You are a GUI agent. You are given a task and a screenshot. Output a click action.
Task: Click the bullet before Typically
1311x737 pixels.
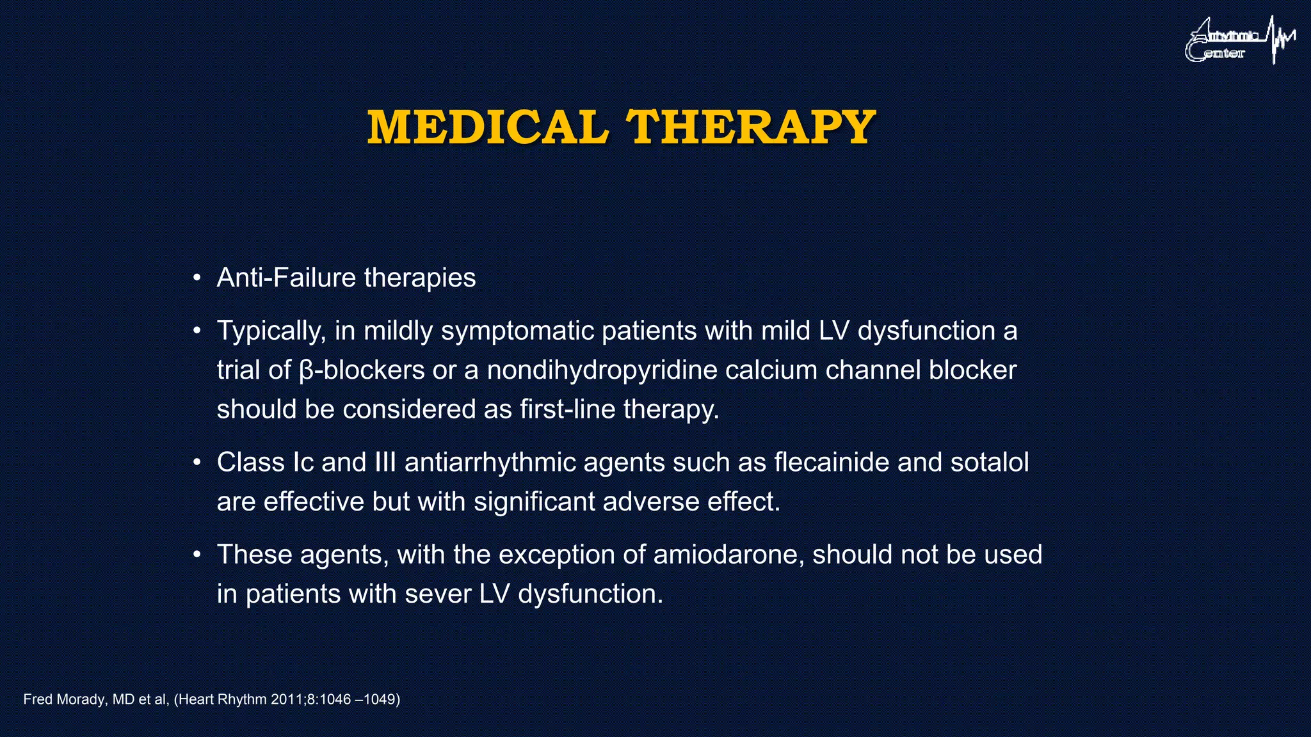198,331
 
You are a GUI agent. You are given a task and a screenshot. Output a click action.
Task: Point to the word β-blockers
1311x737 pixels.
362,370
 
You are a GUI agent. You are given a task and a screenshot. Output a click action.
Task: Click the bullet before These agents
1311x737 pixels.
198,555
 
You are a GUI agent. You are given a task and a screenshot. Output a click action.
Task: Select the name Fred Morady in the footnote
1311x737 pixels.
64,699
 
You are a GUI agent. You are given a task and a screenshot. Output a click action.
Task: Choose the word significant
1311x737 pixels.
535,502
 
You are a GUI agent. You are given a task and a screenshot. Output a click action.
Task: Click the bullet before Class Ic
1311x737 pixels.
198,462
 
